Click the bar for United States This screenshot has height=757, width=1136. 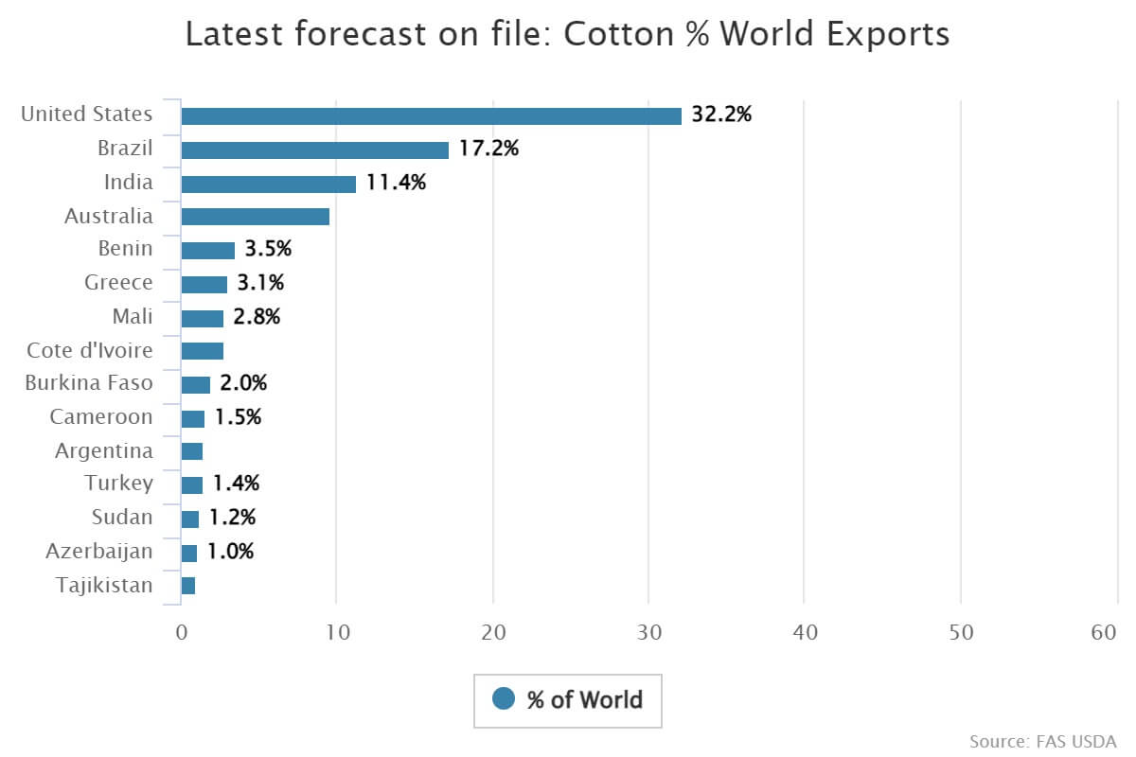click(x=431, y=115)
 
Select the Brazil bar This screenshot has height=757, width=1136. click(x=314, y=150)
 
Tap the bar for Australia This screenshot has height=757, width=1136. click(x=255, y=217)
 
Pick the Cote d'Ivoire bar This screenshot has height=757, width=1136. click(x=202, y=351)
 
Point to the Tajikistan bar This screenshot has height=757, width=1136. click(x=187, y=586)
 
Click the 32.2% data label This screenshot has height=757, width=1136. click(x=721, y=114)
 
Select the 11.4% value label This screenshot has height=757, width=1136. click(x=396, y=183)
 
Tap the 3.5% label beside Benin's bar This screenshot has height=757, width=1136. click(x=268, y=250)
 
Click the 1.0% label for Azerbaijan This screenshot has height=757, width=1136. click(x=230, y=552)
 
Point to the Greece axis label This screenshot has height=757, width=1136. click(x=118, y=283)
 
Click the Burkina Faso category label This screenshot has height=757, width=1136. click(x=89, y=383)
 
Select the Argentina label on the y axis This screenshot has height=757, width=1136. click(x=103, y=450)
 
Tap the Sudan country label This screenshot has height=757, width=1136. click(x=121, y=518)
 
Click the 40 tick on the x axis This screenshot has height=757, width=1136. click(x=805, y=633)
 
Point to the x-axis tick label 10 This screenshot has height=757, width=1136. click(x=337, y=633)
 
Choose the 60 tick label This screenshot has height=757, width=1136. click(x=1104, y=633)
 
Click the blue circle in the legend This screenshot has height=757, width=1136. click(x=504, y=699)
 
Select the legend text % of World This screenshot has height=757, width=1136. click(x=584, y=700)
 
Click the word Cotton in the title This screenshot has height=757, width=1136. click(x=611, y=34)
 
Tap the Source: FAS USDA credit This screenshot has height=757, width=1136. click(x=1042, y=740)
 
